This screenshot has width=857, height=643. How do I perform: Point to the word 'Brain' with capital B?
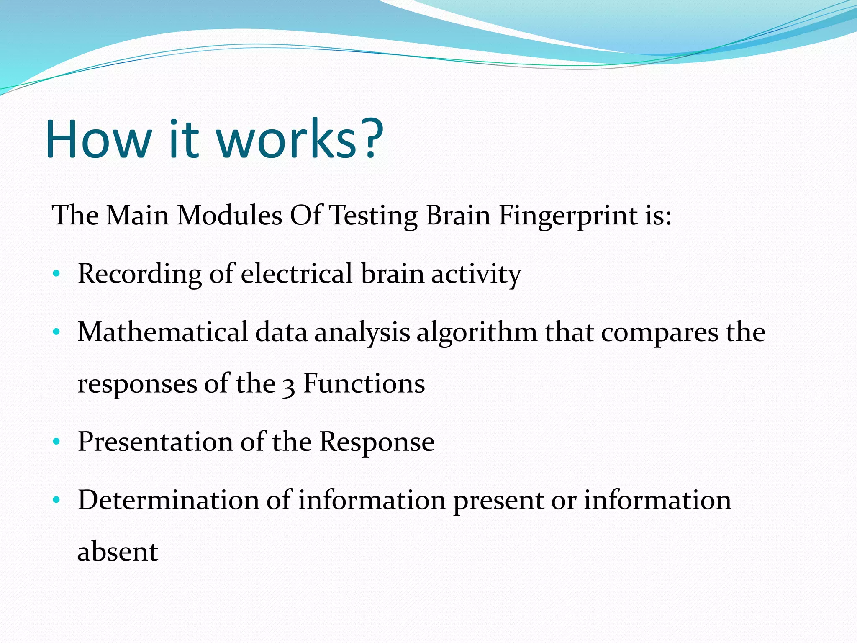pyautogui.click(x=458, y=216)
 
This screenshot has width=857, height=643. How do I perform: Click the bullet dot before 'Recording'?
pyautogui.click(x=56, y=274)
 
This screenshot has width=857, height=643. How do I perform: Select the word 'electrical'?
pyautogui.click(x=297, y=274)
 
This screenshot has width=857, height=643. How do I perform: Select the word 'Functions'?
pyautogui.click(x=364, y=383)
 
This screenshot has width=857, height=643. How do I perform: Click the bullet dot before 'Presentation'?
pyautogui.click(x=56, y=442)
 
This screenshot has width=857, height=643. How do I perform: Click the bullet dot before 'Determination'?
pyautogui.click(x=56, y=500)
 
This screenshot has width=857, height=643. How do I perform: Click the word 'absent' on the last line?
pyautogui.click(x=118, y=552)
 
